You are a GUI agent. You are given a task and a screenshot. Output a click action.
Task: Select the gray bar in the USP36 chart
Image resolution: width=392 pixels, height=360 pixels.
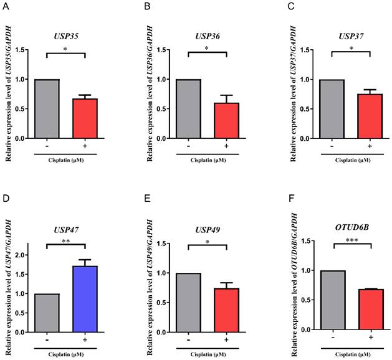click(x=188, y=109)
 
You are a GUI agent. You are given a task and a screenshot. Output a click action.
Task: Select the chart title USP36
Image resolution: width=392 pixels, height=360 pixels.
click(x=208, y=36)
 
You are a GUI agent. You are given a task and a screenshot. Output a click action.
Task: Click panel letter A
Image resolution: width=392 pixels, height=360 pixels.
click(x=7, y=7)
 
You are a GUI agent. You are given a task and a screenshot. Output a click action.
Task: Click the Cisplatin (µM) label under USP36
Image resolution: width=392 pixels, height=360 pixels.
click(x=208, y=159)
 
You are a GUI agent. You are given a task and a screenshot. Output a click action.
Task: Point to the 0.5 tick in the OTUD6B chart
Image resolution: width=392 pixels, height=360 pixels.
click(x=308, y=300)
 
